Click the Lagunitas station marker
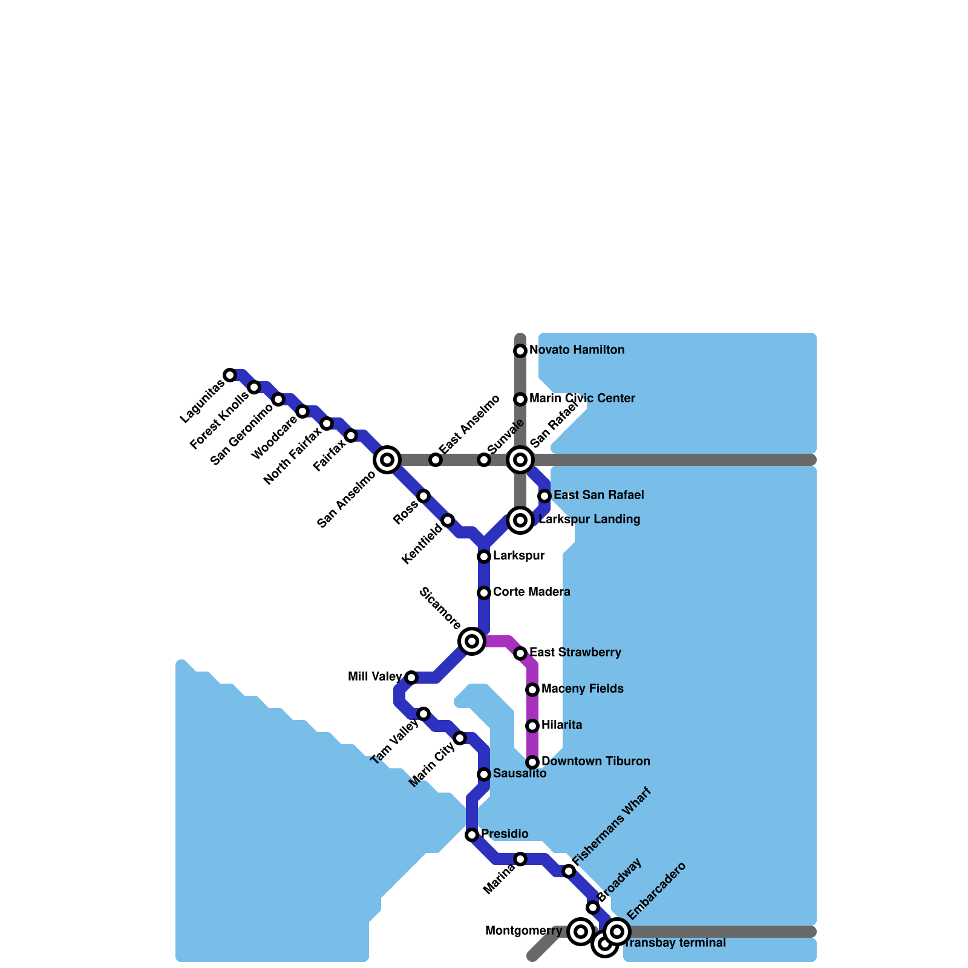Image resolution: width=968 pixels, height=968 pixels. [x=230, y=375]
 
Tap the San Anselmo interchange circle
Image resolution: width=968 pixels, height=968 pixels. [x=387, y=460]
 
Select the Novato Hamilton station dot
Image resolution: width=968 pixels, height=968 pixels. [x=520, y=351]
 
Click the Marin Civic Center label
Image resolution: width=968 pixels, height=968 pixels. [x=582, y=398]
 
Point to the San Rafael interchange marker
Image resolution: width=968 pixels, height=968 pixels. [x=520, y=460]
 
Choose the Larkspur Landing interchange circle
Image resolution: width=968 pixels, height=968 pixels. [x=520, y=520]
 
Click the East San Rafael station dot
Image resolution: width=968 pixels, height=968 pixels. [x=544, y=496]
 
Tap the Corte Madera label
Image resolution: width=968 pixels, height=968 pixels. [x=531, y=592]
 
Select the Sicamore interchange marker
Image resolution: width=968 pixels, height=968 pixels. [x=472, y=641]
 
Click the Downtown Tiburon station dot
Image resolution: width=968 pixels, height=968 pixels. [x=532, y=762]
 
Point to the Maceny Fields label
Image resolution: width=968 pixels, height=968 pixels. [x=582, y=688]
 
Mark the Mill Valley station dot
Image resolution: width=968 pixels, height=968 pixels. [x=411, y=678]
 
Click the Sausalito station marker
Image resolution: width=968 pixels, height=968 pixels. [x=484, y=774]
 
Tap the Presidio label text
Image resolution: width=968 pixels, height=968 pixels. [x=505, y=834]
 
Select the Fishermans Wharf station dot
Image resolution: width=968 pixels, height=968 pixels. [x=569, y=871]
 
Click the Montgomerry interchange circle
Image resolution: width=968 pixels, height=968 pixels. [x=581, y=932]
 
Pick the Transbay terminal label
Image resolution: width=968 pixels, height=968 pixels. [x=674, y=943]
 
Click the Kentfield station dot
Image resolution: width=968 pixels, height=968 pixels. [x=448, y=520]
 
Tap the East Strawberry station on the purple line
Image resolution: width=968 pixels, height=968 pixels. [x=520, y=653]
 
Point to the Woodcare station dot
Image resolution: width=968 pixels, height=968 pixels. [x=302, y=411]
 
